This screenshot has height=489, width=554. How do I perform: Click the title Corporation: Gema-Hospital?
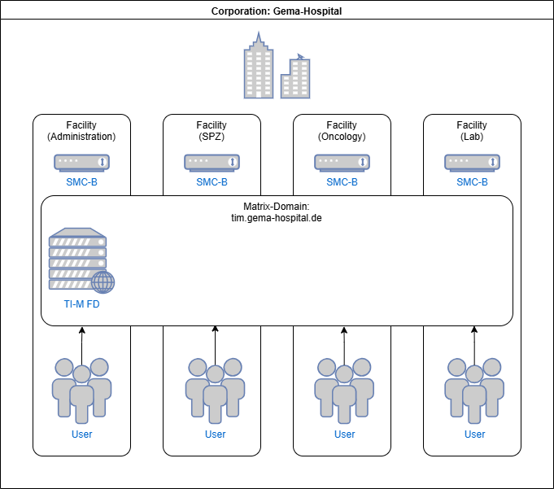click(277, 11)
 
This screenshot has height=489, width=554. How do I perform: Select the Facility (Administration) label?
click(81, 131)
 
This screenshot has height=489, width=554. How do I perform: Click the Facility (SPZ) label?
click(212, 131)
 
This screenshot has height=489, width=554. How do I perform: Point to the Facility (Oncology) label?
click(342, 131)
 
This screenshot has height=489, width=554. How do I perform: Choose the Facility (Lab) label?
click(472, 131)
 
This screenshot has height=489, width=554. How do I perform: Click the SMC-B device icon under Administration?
click(81, 163)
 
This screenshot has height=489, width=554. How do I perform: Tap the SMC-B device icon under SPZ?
click(212, 163)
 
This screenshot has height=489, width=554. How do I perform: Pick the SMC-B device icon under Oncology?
click(342, 163)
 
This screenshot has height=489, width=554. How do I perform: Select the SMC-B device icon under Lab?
click(472, 163)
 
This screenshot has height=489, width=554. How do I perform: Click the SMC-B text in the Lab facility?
click(472, 182)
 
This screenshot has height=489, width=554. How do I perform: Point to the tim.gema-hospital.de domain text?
click(277, 219)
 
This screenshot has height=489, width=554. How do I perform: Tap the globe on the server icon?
click(103, 282)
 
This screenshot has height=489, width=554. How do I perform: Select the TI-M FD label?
click(81, 304)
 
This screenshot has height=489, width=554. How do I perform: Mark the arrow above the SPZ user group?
click(215, 342)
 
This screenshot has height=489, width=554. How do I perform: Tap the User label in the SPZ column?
click(215, 434)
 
